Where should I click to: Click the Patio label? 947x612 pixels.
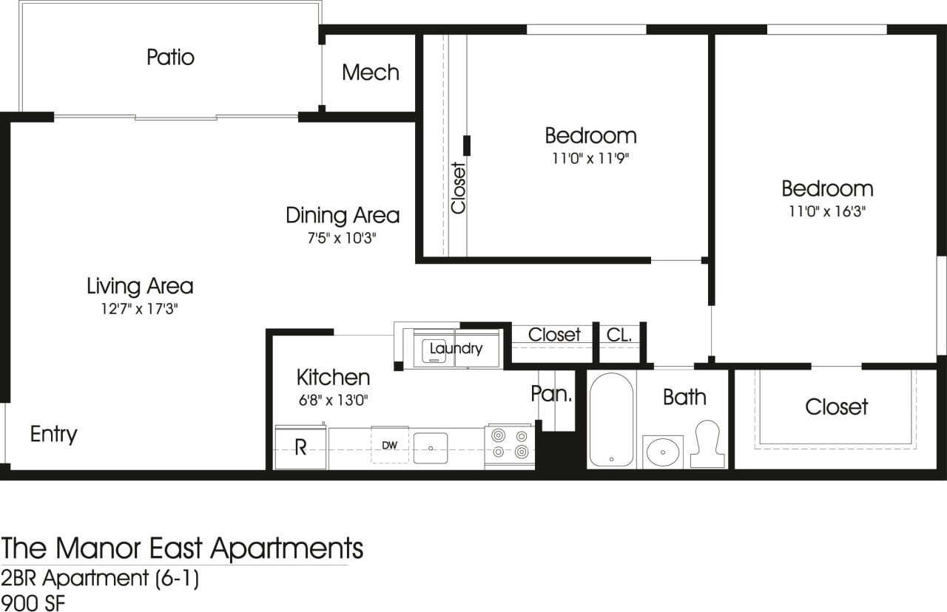tap(170, 57)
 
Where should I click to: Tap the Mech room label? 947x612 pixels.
tap(371, 72)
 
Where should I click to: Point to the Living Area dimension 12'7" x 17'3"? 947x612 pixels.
tap(140, 308)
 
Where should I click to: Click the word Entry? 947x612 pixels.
tap(53, 434)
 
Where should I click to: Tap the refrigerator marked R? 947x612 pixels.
tap(300, 447)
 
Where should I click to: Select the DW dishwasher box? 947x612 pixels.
tap(389, 445)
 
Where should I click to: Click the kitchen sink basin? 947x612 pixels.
tap(430, 448)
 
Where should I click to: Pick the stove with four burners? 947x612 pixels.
tap(510, 445)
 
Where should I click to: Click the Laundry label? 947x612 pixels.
tap(456, 349)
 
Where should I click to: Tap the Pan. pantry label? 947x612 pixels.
tap(551, 393)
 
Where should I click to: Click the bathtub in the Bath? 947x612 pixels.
tap(611, 420)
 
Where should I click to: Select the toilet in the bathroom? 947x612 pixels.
tap(708, 443)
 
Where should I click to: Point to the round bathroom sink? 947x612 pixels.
tap(662, 449)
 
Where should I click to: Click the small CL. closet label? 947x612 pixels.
tap(619, 335)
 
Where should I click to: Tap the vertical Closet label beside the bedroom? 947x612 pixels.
tap(459, 188)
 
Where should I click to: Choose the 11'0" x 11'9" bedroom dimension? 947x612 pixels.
tap(590, 157)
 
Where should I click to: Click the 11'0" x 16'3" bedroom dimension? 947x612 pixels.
tap(827, 211)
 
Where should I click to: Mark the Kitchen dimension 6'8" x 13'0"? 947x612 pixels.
tap(333, 400)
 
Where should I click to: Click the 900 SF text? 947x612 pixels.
tap(33, 602)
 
